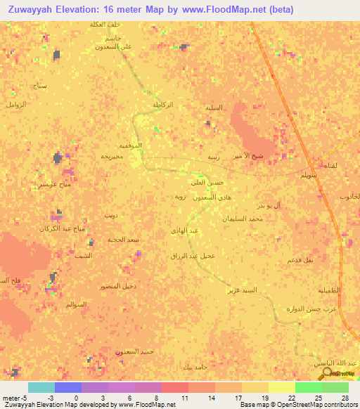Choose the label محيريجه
(x=112, y=156)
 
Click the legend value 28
(x=345, y=398)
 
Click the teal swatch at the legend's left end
(x=41, y=387)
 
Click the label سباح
(x=40, y=84)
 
